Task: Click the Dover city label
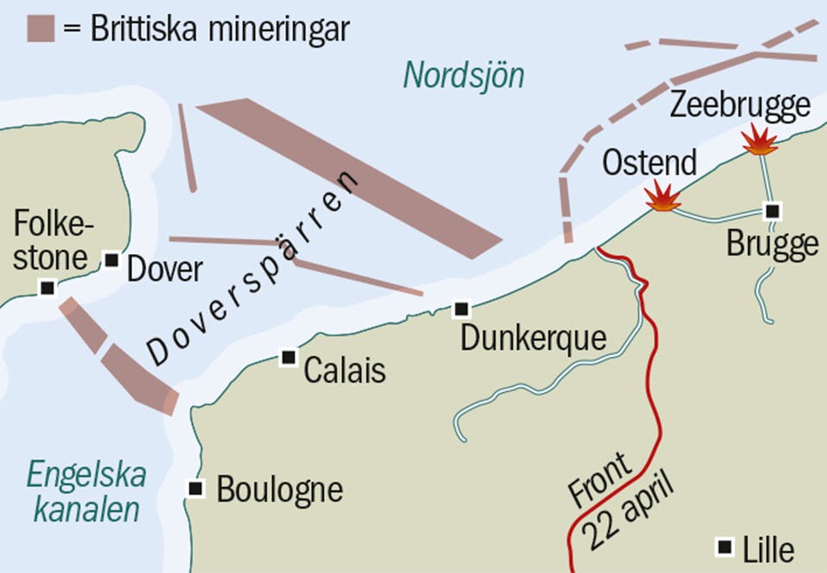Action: pos(165,270)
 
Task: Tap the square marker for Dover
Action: pos(111,258)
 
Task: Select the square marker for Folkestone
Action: pos(48,288)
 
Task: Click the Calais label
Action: pos(345,371)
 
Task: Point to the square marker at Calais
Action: pos(289,358)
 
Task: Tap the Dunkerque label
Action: pos(533,339)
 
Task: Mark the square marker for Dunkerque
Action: pos(462,308)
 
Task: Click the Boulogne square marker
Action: pos(196,489)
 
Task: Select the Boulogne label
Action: pos(279,489)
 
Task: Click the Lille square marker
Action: pos(725,546)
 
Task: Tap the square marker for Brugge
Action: pos(773,211)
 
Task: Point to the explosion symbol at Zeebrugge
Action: pos(760,140)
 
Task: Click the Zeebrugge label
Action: pos(741,105)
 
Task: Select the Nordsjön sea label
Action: pos(463,76)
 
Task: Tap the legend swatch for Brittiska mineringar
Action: pos(40,28)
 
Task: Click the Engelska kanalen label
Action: pos(86,491)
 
